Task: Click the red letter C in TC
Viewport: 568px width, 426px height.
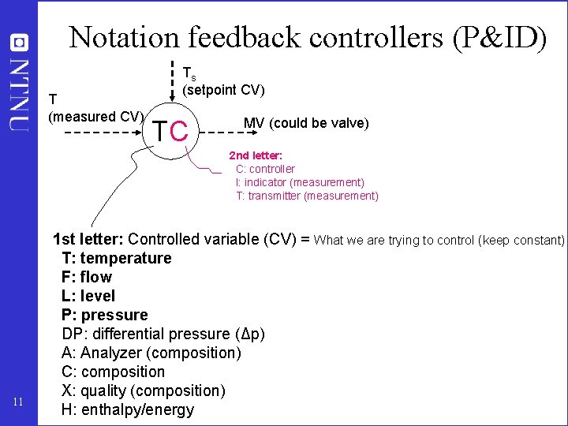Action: coord(180,131)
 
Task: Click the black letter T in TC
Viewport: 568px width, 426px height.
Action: coord(160,131)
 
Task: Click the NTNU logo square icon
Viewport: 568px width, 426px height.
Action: coord(19,43)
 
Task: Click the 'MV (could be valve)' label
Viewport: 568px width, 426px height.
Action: coord(306,123)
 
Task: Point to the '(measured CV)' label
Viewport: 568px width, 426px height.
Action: coord(95,117)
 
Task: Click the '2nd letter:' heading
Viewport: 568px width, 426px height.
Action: coord(256,155)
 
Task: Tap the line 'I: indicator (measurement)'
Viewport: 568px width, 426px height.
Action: coord(300,182)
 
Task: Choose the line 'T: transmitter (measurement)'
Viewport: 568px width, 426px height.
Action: coord(307,196)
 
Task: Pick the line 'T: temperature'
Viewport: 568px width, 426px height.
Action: coord(116,258)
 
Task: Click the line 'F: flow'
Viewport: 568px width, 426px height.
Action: coord(86,277)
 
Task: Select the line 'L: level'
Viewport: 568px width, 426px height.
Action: coord(88,296)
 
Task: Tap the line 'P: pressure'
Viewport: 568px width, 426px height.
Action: coord(104,315)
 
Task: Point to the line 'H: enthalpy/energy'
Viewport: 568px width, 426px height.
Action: coord(127,409)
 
